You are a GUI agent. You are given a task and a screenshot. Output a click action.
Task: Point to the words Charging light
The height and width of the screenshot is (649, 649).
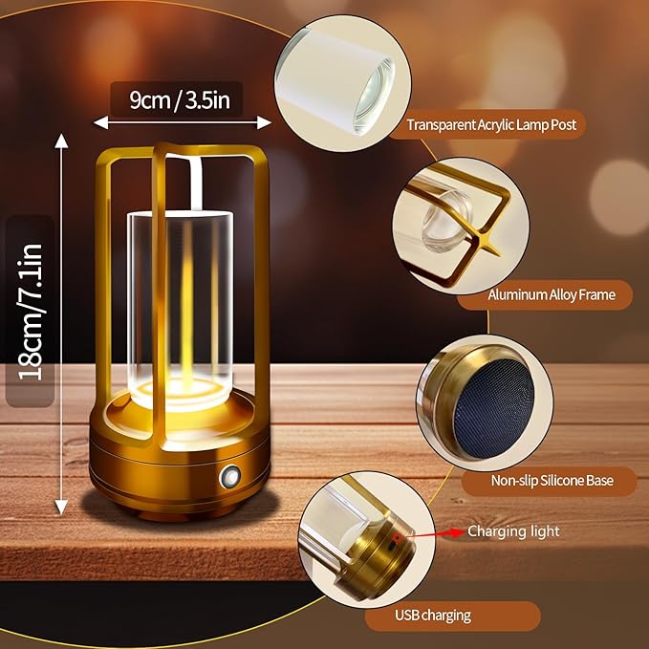click(x=513, y=530)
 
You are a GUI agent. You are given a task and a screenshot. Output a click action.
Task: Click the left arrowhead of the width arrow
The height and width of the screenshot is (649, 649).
click(x=97, y=122)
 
